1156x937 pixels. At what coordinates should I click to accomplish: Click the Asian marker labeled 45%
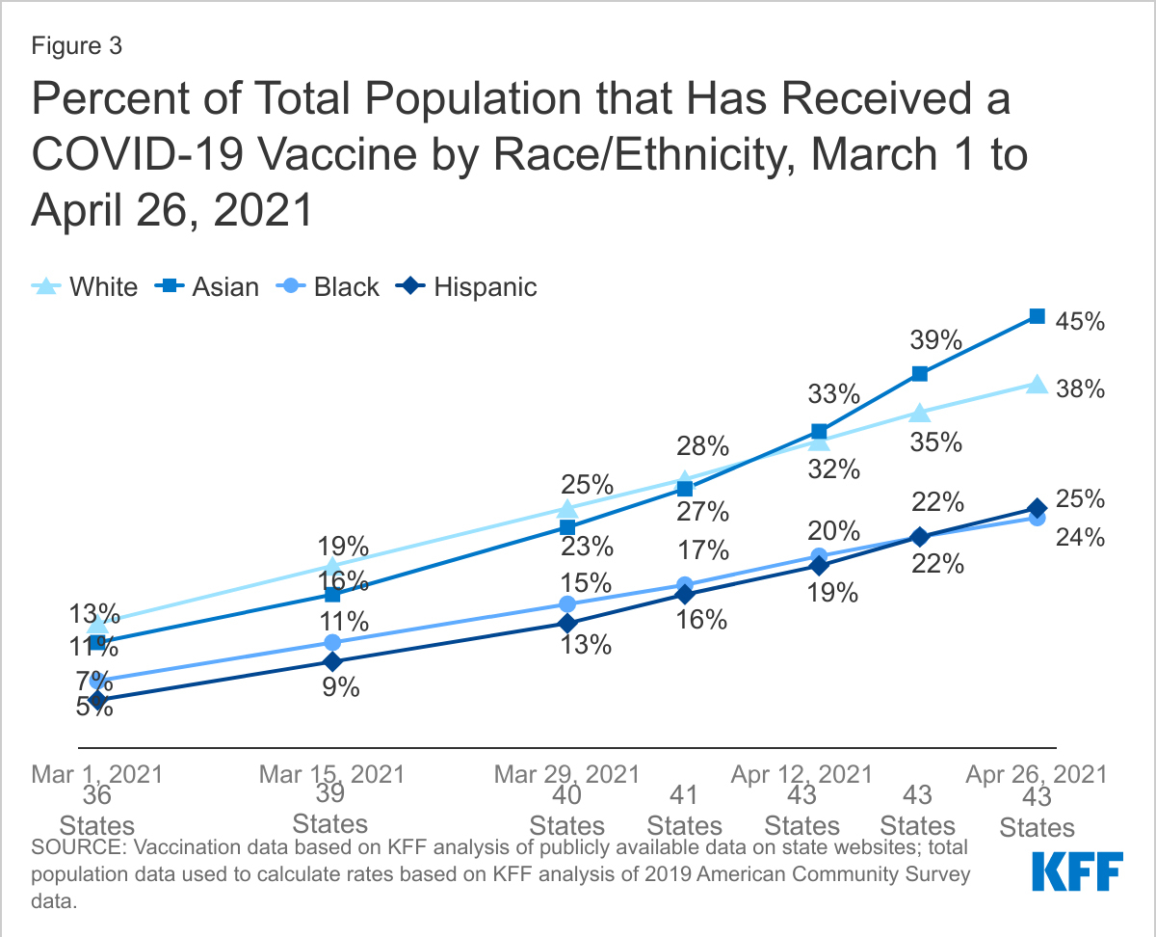(1038, 316)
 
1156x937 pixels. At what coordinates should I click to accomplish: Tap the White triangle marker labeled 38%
(1038, 385)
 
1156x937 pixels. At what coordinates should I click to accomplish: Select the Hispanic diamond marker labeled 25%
(1038, 508)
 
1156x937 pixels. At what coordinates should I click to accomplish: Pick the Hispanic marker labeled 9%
(332, 662)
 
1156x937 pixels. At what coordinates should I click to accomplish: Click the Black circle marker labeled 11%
(332, 643)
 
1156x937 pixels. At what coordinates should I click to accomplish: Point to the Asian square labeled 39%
(920, 374)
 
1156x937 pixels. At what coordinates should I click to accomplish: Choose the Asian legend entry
(210, 286)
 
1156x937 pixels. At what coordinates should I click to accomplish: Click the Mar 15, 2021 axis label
(332, 774)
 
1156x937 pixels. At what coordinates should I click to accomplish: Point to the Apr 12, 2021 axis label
(801, 774)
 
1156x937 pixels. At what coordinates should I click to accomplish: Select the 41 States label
(685, 811)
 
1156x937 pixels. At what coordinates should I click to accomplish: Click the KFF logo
(1077, 871)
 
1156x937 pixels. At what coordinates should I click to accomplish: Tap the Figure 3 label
(76, 46)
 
